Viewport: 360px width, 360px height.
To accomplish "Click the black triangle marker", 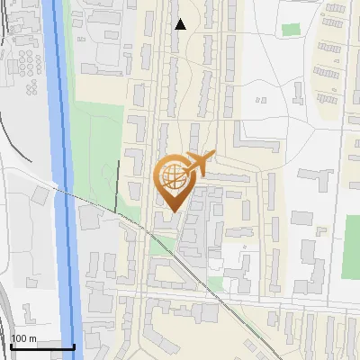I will point(180,24).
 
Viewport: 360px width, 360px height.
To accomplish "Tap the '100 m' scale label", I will point(24,338).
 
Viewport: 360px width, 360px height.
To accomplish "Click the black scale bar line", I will point(41,346).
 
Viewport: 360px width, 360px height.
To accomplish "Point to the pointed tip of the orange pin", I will point(173,211).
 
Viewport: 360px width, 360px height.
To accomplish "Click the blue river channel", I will point(65,180).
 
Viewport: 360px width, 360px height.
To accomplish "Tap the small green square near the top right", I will point(290,30).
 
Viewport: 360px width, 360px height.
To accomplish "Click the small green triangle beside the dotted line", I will point(162,243).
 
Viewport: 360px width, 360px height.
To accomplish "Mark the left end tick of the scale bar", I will point(10,346).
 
